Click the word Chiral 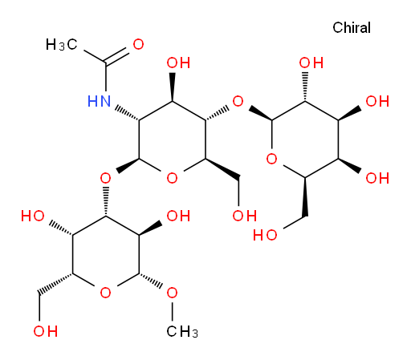(x=352, y=27)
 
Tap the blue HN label (x=99, y=101)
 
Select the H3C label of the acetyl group (x=61, y=44)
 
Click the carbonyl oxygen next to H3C (x=138, y=44)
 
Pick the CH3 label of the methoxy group (x=182, y=332)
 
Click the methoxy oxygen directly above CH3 (x=172, y=293)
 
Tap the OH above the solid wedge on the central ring (x=178, y=63)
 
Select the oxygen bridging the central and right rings (x=238, y=102)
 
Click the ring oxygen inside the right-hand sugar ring (x=271, y=159)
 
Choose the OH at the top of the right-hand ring (x=311, y=63)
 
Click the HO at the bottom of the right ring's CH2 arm (x=265, y=235)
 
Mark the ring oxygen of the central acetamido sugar (x=172, y=178)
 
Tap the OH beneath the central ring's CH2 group (x=245, y=216)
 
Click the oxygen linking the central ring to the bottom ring (x=105, y=178)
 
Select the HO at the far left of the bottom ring (x=33, y=216)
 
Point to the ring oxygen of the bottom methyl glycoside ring (x=105, y=293)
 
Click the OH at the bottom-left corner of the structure (x=46, y=331)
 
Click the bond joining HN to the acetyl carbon (x=106, y=79)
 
